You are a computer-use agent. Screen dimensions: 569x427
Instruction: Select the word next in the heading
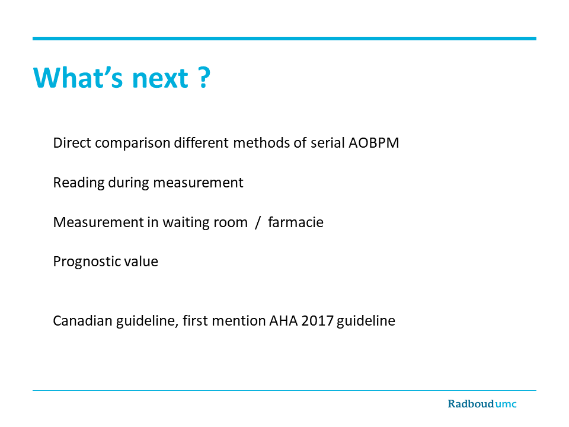click(x=160, y=78)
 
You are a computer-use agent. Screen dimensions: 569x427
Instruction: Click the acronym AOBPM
click(x=374, y=143)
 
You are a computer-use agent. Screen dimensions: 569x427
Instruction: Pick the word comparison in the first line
click(x=132, y=144)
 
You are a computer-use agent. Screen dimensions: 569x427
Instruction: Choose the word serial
click(x=328, y=143)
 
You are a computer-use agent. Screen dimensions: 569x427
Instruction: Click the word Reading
click(x=79, y=183)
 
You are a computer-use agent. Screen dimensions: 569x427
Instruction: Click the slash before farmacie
click(x=258, y=222)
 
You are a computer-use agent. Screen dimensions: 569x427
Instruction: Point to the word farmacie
click(x=296, y=222)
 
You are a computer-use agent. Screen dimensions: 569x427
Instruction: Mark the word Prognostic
click(x=87, y=262)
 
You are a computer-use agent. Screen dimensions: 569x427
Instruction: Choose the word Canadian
click(x=82, y=321)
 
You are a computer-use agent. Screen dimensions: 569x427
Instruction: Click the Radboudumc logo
click(x=482, y=404)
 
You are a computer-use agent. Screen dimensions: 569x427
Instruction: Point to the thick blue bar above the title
click(x=284, y=39)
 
